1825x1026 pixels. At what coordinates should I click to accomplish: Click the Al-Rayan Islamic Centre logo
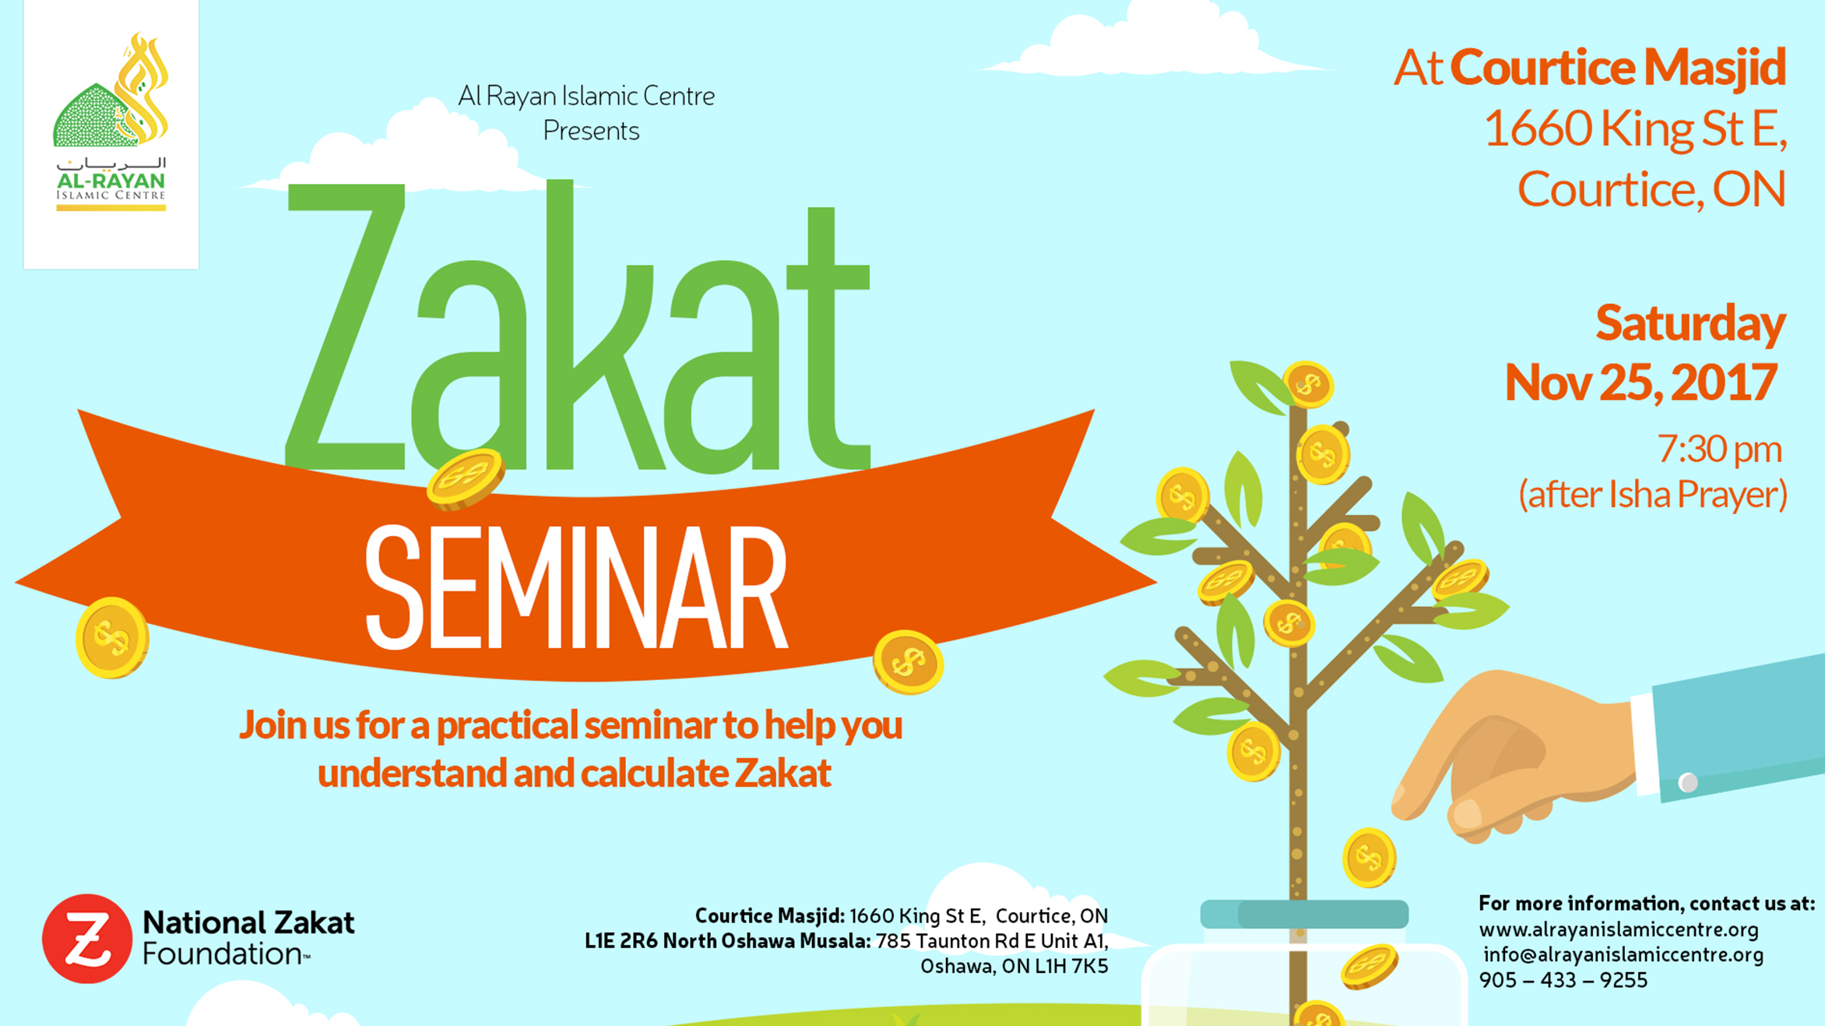pyautogui.click(x=111, y=123)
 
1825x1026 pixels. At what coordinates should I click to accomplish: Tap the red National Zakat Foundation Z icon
pyautogui.click(x=87, y=938)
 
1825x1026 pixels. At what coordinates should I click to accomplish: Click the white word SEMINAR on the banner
pyautogui.click(x=577, y=587)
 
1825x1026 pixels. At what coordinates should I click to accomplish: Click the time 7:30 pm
pyautogui.click(x=1719, y=450)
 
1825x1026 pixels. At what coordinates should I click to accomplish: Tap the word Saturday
pyautogui.click(x=1690, y=323)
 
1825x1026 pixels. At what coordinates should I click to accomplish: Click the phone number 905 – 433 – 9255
pyautogui.click(x=1563, y=980)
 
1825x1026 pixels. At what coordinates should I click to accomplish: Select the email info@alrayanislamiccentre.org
pyautogui.click(x=1623, y=954)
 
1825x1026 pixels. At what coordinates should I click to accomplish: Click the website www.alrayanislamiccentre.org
pyautogui.click(x=1619, y=929)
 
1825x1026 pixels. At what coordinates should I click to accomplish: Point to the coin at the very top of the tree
pyautogui.click(x=1308, y=384)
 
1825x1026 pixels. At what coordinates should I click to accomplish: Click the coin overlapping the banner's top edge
pyautogui.click(x=466, y=478)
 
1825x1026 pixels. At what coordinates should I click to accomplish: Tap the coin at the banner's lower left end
pyautogui.click(x=112, y=637)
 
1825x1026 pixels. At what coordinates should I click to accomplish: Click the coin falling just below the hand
pyautogui.click(x=1369, y=858)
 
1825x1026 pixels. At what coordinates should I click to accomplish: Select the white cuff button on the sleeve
pyautogui.click(x=1688, y=781)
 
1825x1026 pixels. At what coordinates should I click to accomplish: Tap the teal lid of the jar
pyautogui.click(x=1304, y=914)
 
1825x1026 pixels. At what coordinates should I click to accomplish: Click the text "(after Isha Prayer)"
pyautogui.click(x=1652, y=495)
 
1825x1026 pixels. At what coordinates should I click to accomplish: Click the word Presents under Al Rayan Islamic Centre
pyautogui.click(x=591, y=131)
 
